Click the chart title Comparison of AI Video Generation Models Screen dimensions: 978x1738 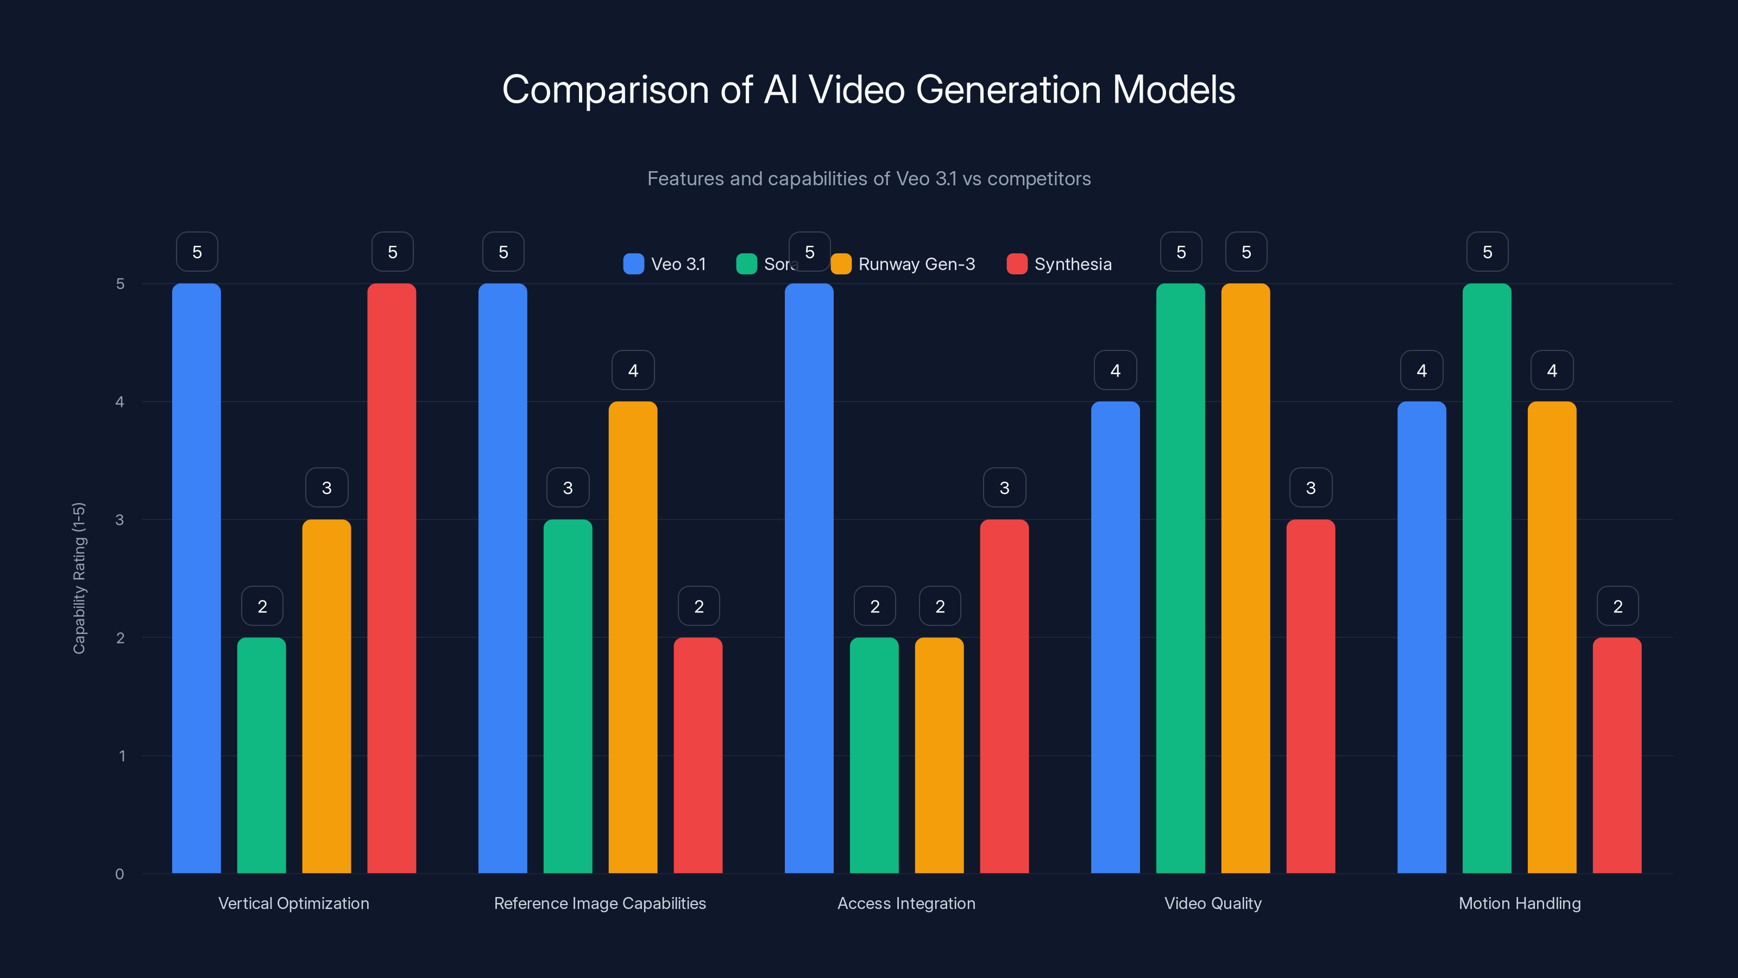coord(868,89)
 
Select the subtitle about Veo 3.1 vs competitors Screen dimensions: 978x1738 coord(868,179)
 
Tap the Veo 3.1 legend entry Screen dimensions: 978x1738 coord(665,264)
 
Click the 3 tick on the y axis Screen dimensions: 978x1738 coord(120,520)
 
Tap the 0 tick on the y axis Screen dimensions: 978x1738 coord(120,874)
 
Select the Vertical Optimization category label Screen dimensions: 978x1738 coord(293,903)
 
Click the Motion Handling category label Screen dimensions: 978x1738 coord(1520,903)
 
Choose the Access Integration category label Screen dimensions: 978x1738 coord(906,903)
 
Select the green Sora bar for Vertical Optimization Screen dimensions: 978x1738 coord(262,755)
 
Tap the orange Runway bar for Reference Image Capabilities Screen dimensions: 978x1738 coord(633,637)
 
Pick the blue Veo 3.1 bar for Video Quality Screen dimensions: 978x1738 coord(1115,637)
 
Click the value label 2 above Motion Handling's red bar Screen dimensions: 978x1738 coord(1617,606)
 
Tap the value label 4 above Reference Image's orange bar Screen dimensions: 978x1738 coord(633,370)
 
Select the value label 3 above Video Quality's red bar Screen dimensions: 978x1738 coord(1310,487)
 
